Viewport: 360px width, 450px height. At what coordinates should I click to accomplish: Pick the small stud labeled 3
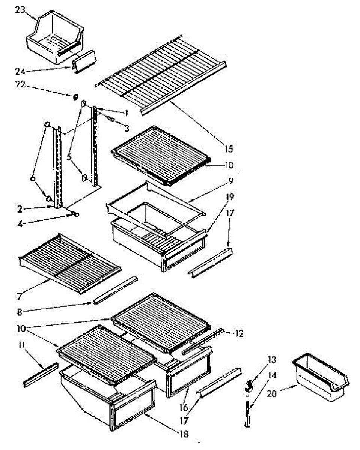pyautogui.click(x=111, y=119)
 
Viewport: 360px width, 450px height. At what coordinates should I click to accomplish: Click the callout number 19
pyautogui.click(x=230, y=196)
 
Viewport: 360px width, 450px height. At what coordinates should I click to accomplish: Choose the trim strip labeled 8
pyautogui.click(x=115, y=289)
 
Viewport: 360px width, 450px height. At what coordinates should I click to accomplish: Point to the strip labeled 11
pyautogui.click(x=41, y=374)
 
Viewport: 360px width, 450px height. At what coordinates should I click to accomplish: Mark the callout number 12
pyautogui.click(x=239, y=333)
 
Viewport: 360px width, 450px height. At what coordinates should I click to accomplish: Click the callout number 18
pyautogui.click(x=184, y=434)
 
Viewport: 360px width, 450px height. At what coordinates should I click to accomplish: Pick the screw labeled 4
pyautogui.click(x=75, y=214)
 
